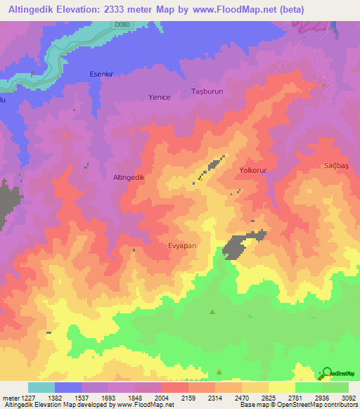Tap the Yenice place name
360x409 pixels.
pos(160,97)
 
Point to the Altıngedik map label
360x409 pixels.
pos(129,178)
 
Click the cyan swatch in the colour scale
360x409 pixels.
pos(41,387)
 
